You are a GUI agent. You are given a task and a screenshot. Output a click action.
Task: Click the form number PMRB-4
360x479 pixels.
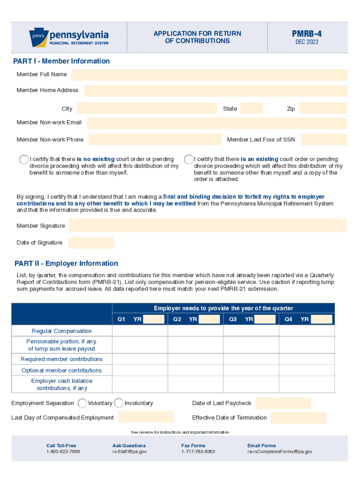click(x=307, y=34)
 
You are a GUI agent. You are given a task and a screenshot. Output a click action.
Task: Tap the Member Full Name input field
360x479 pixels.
click(x=209, y=75)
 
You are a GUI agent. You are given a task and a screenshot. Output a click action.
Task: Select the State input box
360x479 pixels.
click(x=252, y=109)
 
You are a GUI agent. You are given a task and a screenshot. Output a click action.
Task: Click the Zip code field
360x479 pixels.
click(x=323, y=109)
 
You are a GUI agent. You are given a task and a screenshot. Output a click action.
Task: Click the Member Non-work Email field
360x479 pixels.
click(x=216, y=123)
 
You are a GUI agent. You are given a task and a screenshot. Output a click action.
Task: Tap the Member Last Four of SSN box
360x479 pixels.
click(x=324, y=139)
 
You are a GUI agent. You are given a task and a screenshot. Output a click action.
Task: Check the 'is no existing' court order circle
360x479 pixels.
click(x=24, y=160)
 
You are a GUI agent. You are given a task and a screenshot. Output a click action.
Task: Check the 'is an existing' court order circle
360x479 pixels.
click(x=188, y=160)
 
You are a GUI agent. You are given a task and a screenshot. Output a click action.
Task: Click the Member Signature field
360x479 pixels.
click(x=208, y=225)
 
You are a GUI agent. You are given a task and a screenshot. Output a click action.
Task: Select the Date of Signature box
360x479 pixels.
click(x=91, y=243)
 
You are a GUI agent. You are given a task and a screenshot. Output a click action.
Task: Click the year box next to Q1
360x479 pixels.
click(x=153, y=319)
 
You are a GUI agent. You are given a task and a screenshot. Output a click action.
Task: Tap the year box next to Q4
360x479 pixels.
click(x=321, y=319)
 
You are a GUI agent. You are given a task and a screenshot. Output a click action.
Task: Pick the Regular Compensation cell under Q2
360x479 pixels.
click(x=195, y=331)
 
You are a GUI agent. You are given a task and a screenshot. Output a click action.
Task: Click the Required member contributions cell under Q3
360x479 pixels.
click(x=251, y=359)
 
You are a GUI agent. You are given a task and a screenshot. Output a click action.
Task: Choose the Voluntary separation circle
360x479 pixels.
click(x=82, y=403)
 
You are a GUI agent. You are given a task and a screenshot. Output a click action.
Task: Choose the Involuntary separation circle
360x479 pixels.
click(x=119, y=403)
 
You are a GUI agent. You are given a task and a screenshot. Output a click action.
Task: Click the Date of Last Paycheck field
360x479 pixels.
click(x=283, y=403)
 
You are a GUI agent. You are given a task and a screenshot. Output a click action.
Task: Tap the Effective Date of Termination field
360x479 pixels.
click(x=298, y=418)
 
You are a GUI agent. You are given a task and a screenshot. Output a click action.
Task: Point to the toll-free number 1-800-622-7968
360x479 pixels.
click(x=63, y=452)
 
